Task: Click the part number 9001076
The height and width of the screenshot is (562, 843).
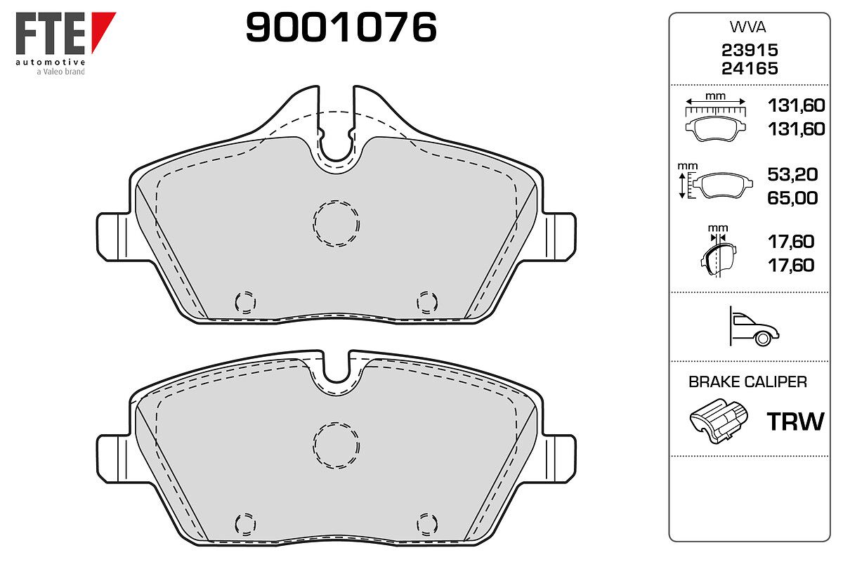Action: click(x=341, y=27)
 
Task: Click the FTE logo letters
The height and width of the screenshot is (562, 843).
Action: click(x=51, y=33)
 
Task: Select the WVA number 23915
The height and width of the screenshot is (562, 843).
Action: click(x=750, y=50)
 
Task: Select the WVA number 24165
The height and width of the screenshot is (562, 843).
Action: click(x=750, y=69)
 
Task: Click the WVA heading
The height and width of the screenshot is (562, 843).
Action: click(x=747, y=27)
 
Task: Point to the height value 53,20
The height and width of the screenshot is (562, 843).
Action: click(x=792, y=174)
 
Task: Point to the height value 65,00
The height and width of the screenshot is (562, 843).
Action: click(x=792, y=198)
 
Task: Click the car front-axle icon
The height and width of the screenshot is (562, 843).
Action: click(x=754, y=326)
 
